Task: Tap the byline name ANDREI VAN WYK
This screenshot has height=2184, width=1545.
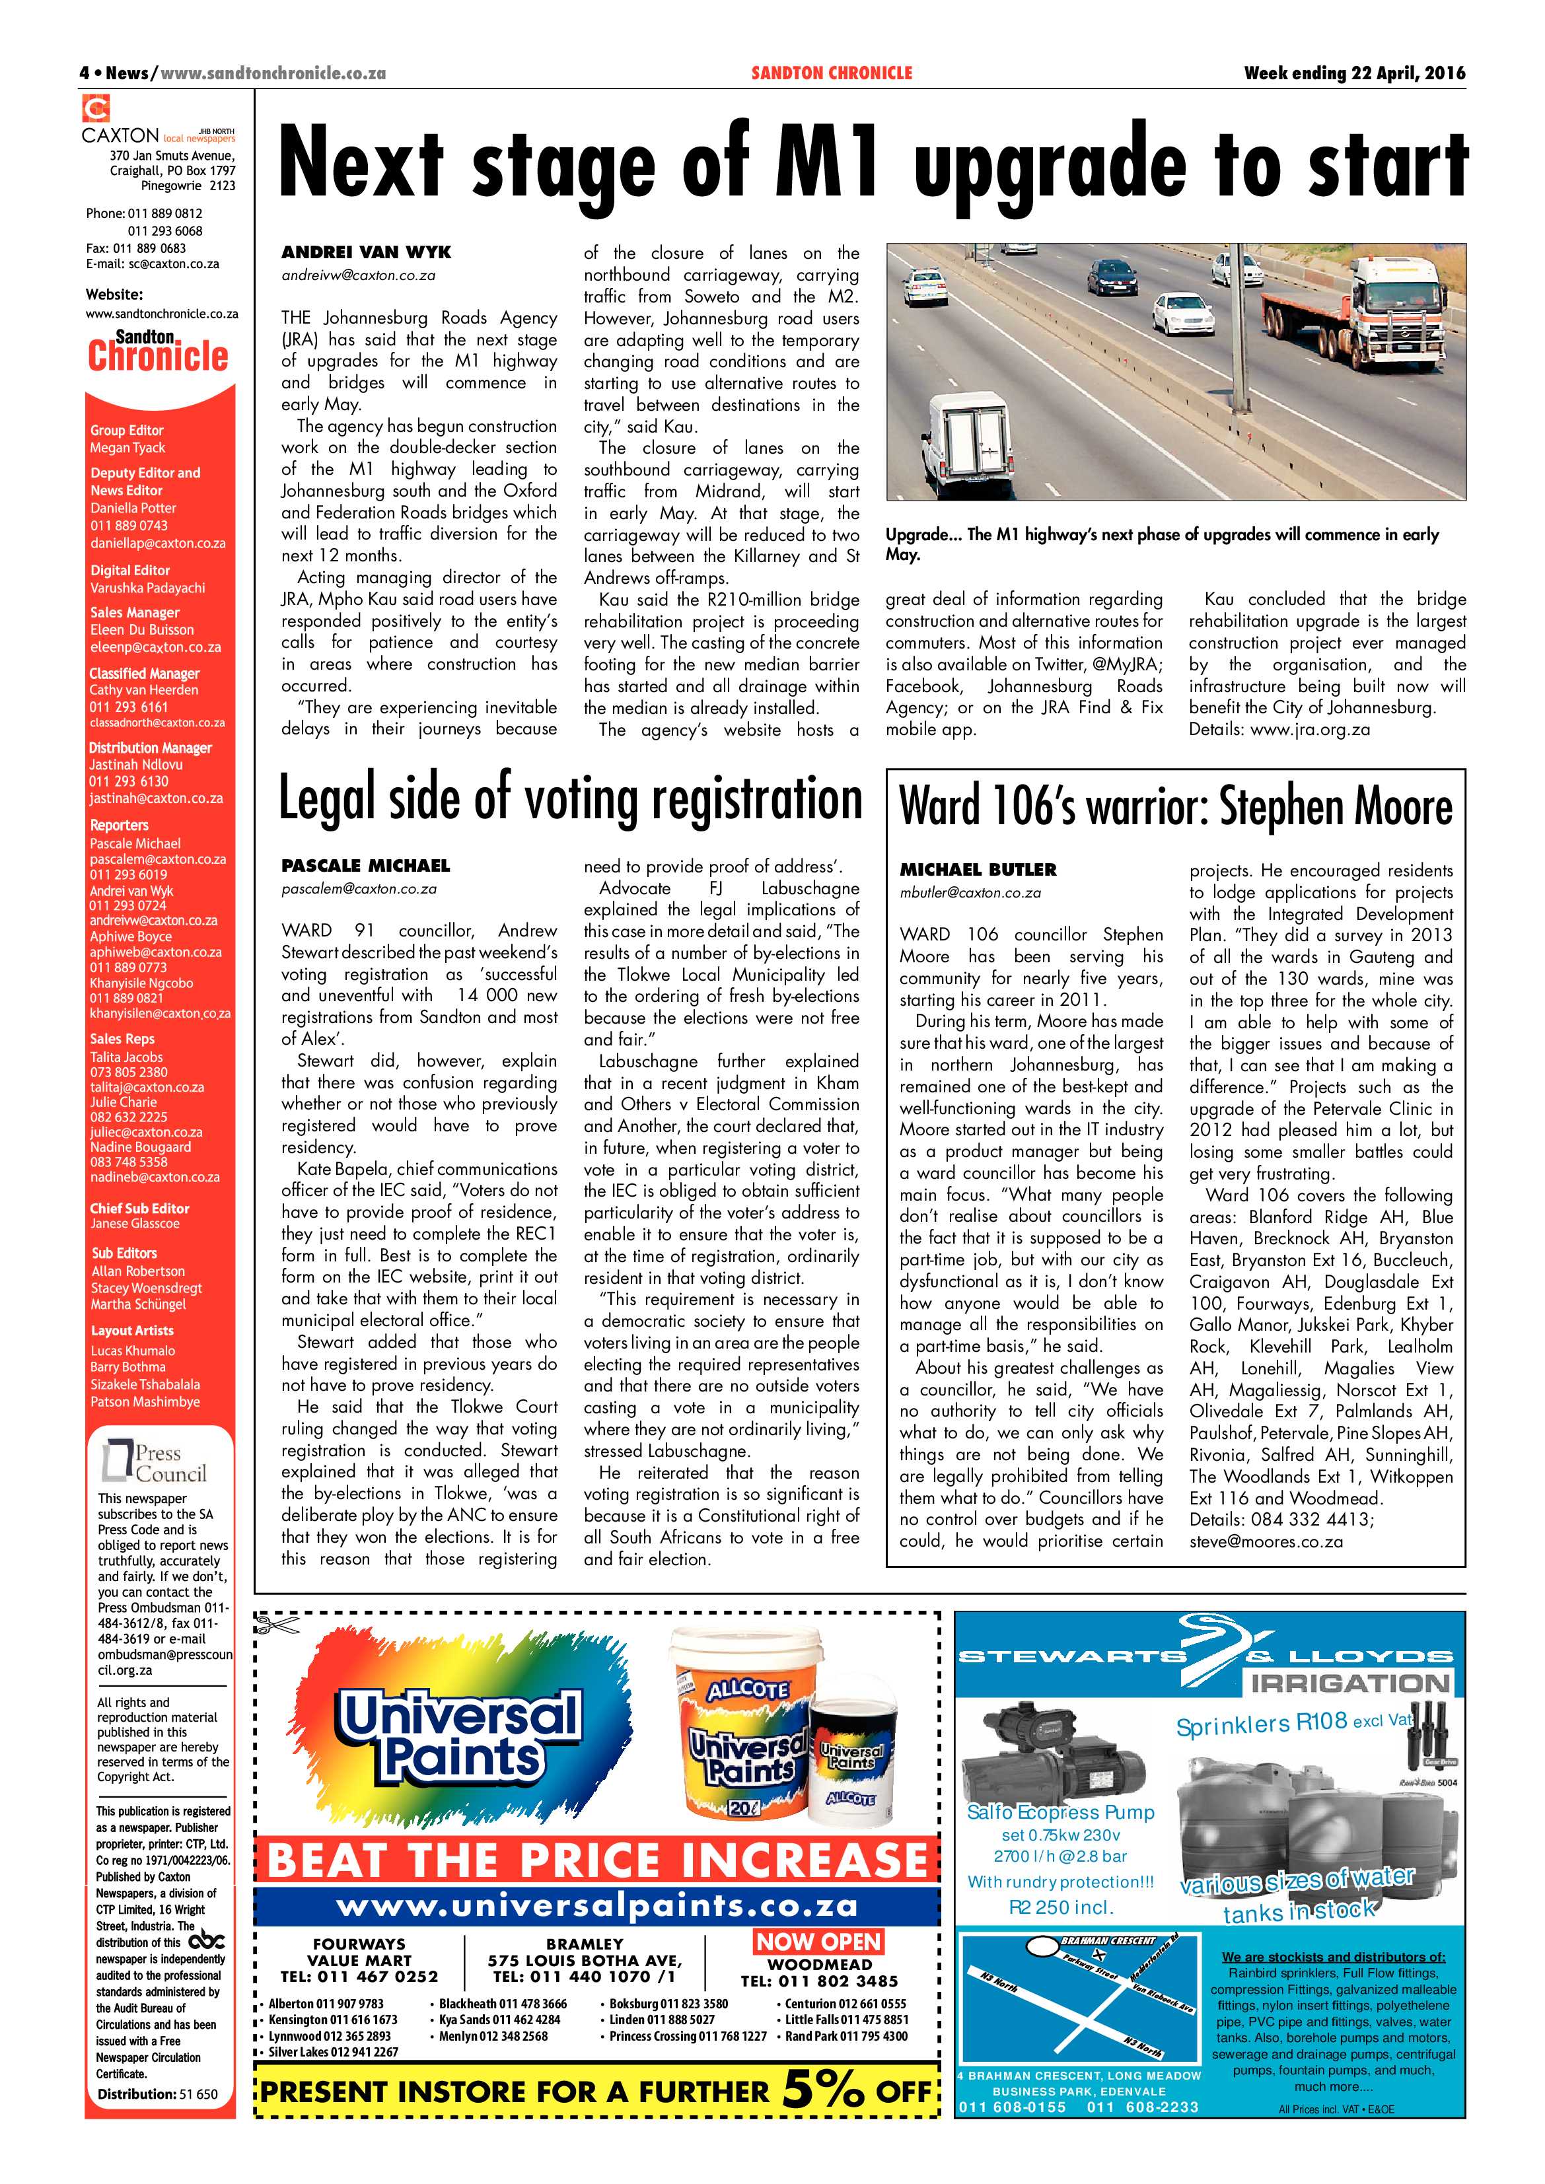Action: (367, 252)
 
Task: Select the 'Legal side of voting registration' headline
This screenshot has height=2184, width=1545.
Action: (570, 800)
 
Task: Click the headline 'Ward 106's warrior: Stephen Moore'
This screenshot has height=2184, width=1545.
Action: (1176, 806)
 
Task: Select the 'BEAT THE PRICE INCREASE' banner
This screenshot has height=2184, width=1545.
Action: (597, 1860)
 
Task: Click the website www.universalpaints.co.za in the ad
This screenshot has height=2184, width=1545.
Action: (596, 1905)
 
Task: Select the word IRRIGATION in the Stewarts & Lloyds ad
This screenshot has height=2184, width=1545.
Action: (1351, 1683)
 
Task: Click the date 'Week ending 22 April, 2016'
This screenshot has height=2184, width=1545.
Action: (1354, 73)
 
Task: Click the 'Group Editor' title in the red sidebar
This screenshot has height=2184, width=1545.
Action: (127, 430)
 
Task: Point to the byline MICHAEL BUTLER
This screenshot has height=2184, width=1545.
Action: (978, 869)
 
